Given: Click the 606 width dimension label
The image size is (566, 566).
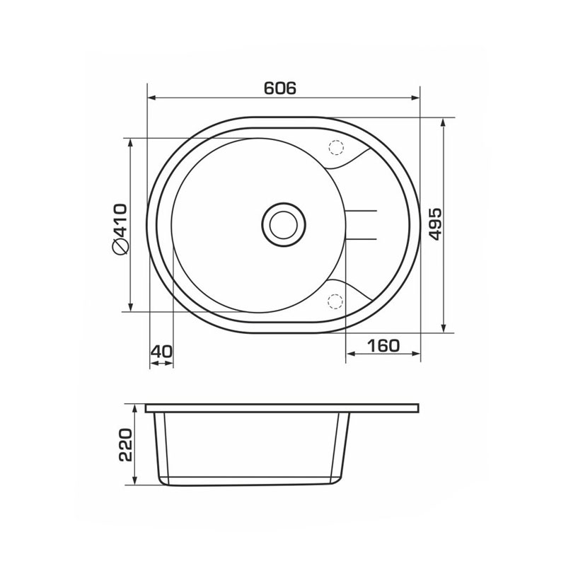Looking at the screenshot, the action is tap(279, 88).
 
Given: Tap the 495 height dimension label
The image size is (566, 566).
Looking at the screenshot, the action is tap(435, 224).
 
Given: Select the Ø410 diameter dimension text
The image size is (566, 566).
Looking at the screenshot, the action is tap(120, 229).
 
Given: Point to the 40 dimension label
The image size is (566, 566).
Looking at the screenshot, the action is tap(162, 351).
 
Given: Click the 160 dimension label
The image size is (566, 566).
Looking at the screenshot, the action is tap(383, 346).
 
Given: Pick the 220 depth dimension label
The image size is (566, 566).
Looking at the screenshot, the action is tap(126, 445).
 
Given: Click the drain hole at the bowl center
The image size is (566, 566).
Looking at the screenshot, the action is tap(284, 224).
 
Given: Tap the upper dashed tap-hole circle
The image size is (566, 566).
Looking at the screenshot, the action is tap(335, 147).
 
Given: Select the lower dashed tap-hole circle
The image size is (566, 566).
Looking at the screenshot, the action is tap(335, 302).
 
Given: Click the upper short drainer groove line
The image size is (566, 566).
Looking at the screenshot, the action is tap(362, 210).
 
